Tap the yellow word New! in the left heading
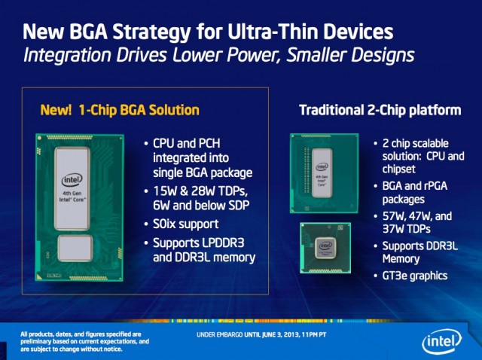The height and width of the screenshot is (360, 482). pos(56,110)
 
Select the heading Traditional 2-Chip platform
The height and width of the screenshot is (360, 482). pos(380,110)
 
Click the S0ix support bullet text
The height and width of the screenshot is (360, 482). pos(186,224)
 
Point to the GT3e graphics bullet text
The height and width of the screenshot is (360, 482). pos(415,276)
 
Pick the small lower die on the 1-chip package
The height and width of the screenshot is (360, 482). pos(75,248)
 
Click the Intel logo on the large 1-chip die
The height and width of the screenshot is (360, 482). pos(72,180)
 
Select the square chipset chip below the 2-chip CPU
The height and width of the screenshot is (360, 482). pos(325,248)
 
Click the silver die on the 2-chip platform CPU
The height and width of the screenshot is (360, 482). pos(322,172)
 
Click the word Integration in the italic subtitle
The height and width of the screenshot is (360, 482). pos(67,55)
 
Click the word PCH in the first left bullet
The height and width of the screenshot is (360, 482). pos(209,143)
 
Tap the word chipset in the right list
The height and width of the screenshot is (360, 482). pos(398,169)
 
